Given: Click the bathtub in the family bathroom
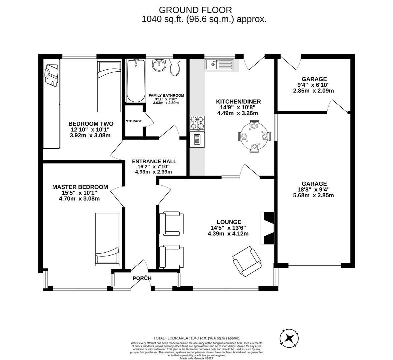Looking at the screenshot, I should point(135,81).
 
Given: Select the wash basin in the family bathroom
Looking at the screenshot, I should point(159,65).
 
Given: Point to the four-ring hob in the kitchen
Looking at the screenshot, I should point(197,123).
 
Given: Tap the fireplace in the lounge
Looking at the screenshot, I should point(268,228).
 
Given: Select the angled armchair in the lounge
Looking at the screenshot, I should point(247,261).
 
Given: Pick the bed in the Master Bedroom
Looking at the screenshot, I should point(107,239).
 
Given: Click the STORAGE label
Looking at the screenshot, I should point(134,121).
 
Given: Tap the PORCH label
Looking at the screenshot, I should point(142,278).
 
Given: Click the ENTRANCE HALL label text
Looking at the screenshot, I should point(154,161).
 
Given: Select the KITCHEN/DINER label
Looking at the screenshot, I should point(238,102).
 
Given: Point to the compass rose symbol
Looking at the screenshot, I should point(289,338).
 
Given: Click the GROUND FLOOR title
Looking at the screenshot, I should point(195,10).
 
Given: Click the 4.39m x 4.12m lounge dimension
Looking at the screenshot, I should point(228,234).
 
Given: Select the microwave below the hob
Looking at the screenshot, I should point(197,140).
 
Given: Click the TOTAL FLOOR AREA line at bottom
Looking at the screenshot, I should point(196,338).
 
